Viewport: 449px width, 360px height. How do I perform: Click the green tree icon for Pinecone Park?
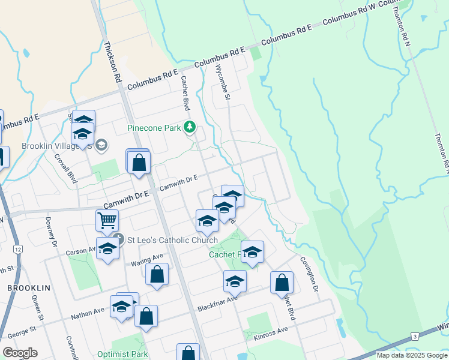coord(190,127)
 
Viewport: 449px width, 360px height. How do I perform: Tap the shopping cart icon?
coord(107,220)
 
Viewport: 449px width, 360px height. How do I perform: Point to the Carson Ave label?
coord(81,251)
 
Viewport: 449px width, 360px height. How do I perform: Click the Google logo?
coord(20,353)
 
